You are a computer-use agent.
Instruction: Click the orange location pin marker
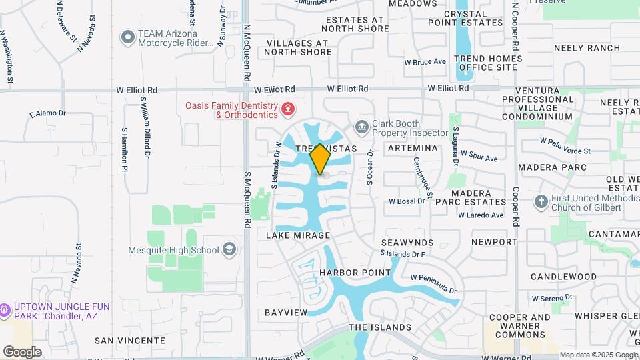click(x=321, y=159)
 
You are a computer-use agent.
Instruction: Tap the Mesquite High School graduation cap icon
click(x=229, y=250)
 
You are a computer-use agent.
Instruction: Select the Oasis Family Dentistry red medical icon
click(x=287, y=109)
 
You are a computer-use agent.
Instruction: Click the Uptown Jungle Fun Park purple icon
click(x=5, y=310)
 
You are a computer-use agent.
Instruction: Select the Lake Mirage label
click(x=299, y=235)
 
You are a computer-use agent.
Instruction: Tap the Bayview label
click(x=286, y=312)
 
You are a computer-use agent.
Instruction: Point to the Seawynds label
click(x=407, y=243)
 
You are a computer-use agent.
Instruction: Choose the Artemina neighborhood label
click(x=412, y=147)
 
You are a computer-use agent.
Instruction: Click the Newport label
click(x=494, y=241)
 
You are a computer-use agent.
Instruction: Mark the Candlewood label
click(x=563, y=276)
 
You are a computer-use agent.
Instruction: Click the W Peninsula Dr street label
click(x=433, y=284)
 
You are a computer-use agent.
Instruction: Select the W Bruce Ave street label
click(x=425, y=62)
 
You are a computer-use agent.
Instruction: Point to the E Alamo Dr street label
click(x=48, y=114)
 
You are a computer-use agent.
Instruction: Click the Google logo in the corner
click(x=22, y=352)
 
